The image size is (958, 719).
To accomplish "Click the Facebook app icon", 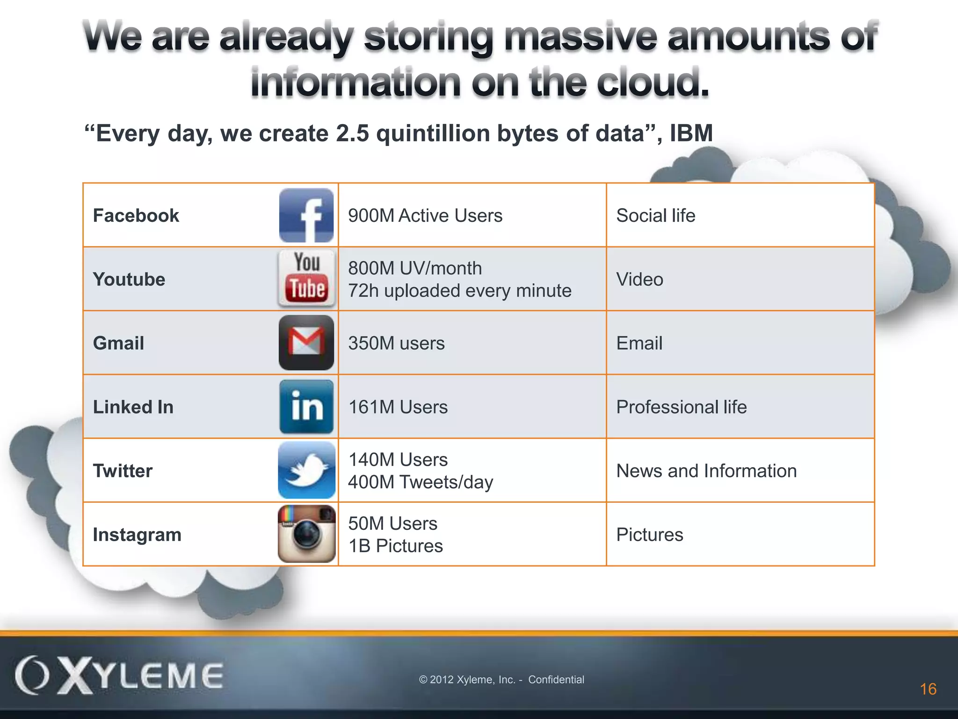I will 306,215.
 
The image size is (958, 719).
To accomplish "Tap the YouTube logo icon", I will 307,279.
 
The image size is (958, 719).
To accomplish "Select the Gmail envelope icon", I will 306,343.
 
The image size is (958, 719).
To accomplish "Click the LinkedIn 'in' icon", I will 306,406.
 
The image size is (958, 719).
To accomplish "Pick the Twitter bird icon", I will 306,470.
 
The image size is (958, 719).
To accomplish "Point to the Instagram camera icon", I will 306,534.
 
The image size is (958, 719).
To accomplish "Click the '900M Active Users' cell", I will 425,216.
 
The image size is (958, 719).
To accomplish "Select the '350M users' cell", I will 396,343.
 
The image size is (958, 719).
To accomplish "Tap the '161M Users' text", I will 398,407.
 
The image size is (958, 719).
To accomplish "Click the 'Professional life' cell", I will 681,407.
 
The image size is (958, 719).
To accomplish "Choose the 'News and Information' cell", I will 706,471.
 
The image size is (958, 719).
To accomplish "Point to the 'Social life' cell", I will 655,216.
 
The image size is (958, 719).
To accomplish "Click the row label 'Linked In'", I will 133,407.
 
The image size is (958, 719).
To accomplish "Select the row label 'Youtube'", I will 129,279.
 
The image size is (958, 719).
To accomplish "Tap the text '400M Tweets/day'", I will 420,482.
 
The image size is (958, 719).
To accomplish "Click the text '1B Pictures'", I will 395,546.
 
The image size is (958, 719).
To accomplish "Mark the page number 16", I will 928,689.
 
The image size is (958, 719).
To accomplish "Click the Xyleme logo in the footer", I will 119,675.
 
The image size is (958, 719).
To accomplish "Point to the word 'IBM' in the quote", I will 691,133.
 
